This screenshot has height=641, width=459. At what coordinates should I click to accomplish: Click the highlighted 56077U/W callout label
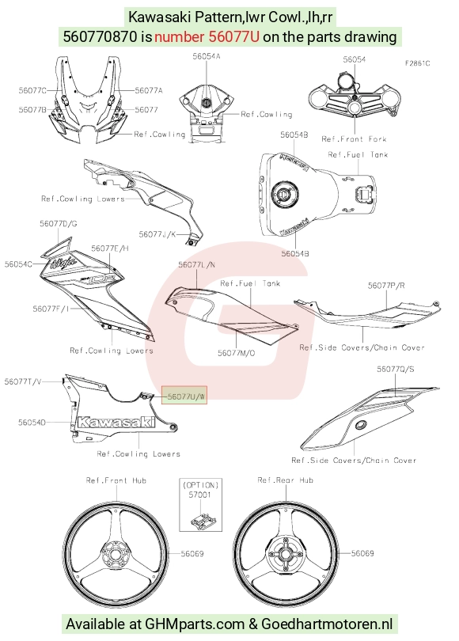pos(184,396)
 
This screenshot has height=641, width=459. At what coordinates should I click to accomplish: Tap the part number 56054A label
pos(207,56)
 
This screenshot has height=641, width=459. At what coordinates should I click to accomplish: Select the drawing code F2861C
pos(417,63)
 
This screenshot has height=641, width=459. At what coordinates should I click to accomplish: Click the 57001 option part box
pos(201,504)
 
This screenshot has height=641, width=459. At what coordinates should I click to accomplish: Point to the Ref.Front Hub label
pos(116,480)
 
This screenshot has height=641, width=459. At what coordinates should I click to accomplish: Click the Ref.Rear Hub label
pos(285,480)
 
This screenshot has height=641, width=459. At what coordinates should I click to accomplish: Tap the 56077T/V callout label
pos(23,381)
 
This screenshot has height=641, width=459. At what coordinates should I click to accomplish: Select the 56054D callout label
pos(32,423)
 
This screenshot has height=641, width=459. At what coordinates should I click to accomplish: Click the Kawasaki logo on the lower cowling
pos(116,423)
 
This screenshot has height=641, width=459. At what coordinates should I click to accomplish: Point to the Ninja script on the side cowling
pos(63,262)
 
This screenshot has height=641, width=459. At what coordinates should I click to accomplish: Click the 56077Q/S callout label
pos(395,369)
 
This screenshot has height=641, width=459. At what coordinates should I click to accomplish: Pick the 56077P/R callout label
pos(386,286)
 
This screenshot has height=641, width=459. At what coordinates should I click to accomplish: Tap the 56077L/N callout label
pos(196,265)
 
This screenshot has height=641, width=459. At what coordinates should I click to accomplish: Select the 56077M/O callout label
pos(237,353)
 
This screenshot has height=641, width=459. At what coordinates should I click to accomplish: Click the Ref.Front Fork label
pos(354,139)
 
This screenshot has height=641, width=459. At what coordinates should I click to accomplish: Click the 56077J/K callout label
pos(157,234)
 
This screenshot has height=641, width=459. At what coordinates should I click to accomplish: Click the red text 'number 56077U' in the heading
pos(207,36)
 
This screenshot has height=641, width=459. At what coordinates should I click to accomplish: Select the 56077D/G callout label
pos(59,224)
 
